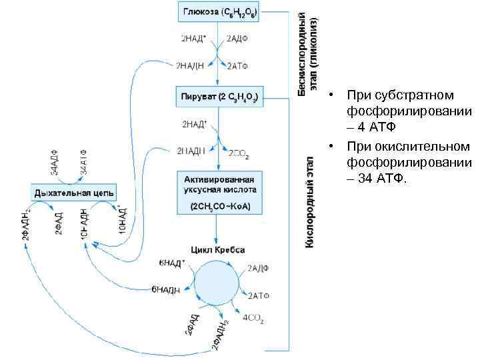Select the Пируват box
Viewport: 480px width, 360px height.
pyautogui.click(x=219, y=97)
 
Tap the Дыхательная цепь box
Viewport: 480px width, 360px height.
pyautogui.click(x=74, y=193)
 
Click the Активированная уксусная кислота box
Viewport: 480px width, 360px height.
pyautogui.click(x=219, y=192)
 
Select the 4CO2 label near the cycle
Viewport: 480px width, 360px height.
pyautogui.click(x=253, y=319)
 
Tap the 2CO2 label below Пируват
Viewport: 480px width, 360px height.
pyautogui.click(x=239, y=154)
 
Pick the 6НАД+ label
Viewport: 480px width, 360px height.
pyautogui.click(x=171, y=263)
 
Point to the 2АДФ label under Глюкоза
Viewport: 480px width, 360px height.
pyautogui.click(x=237, y=38)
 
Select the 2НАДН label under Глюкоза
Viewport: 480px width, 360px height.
pyautogui.click(x=191, y=65)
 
